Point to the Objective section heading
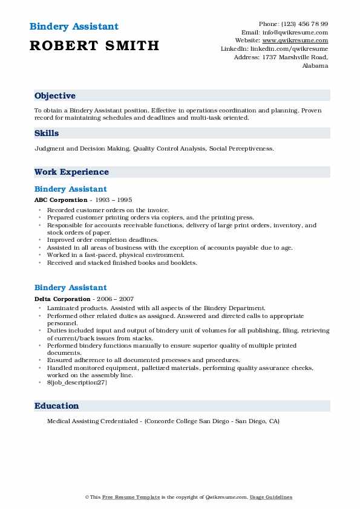55,96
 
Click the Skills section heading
47,134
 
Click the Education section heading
57,406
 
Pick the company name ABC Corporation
61,199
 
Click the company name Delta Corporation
62,299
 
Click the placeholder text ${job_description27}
77,382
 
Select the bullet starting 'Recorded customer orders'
108,210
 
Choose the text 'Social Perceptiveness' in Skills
241,148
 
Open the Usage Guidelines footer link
272,498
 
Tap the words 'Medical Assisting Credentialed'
90,421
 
